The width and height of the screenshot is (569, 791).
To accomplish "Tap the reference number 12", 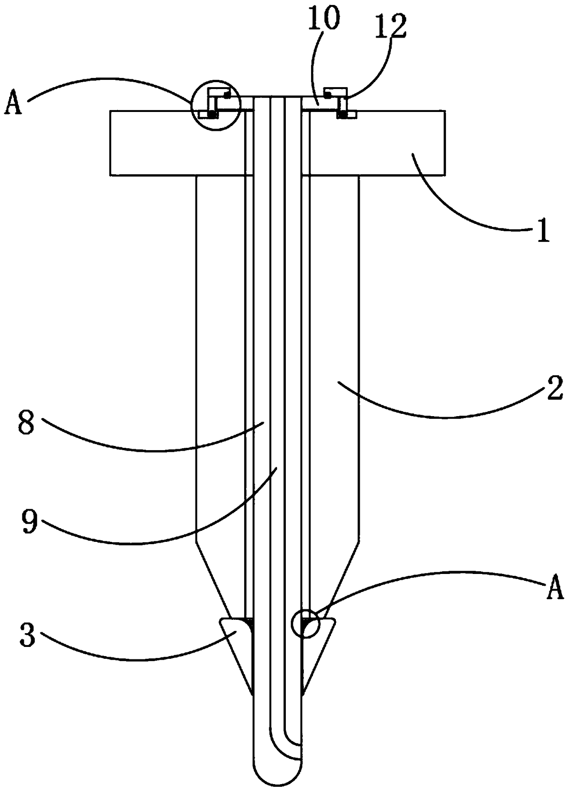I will (x=391, y=27).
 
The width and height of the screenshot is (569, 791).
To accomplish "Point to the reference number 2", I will (x=554, y=390).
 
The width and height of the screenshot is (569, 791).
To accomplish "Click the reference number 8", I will (x=25, y=422).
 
